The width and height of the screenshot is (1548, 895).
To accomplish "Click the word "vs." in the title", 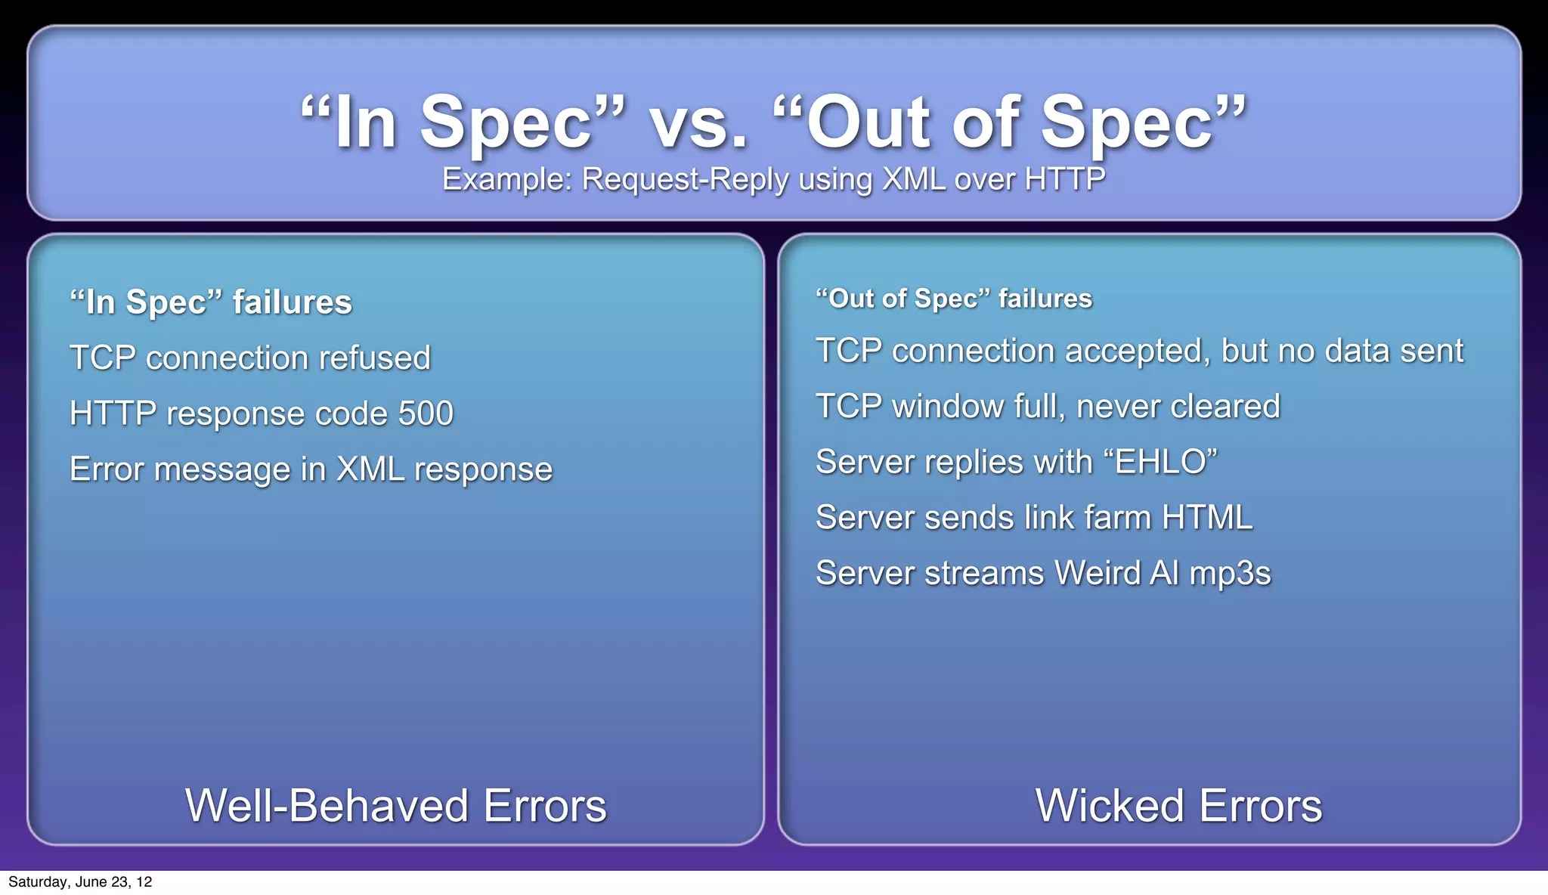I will click(x=698, y=123).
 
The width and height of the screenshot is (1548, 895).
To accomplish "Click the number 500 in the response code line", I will click(x=426, y=413).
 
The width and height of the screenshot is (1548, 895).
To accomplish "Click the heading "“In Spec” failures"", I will click(x=211, y=302).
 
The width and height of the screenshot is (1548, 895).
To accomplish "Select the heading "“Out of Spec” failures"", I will click(x=954, y=299).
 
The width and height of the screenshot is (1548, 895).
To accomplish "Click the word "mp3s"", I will click(x=1230, y=573).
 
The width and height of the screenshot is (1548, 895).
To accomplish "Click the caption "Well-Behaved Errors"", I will click(x=396, y=805).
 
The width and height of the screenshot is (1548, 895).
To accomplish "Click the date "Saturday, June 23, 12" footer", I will click(x=80, y=882).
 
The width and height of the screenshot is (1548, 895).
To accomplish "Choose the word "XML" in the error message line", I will click(x=370, y=469).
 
